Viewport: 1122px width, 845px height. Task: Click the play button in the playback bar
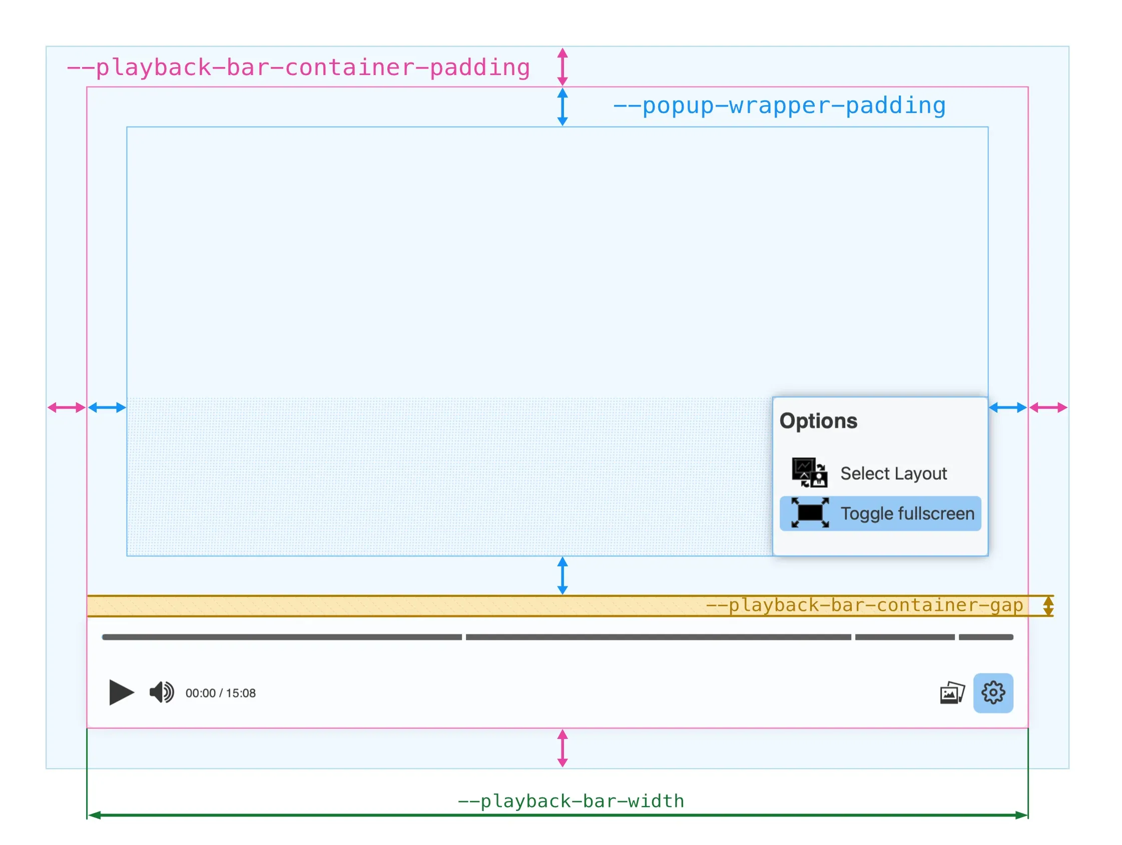click(x=121, y=692)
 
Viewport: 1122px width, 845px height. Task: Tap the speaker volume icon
click(x=161, y=692)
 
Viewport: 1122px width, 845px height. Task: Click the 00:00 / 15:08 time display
click(x=220, y=693)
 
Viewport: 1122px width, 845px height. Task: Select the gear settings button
click(x=993, y=693)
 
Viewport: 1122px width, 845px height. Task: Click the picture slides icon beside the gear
click(x=952, y=693)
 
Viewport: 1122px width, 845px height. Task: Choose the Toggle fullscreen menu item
click(x=907, y=513)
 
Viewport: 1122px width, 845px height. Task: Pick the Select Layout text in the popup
click(x=893, y=473)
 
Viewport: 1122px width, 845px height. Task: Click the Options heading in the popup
click(x=818, y=421)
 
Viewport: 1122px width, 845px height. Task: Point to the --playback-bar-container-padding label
click(x=298, y=68)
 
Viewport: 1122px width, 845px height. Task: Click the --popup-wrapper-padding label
click(x=779, y=106)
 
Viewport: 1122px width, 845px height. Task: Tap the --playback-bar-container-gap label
click(x=864, y=605)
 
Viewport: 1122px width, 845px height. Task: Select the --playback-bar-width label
click(x=571, y=801)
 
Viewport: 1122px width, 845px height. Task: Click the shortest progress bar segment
click(x=985, y=637)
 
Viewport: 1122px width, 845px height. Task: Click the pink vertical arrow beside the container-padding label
click(x=562, y=67)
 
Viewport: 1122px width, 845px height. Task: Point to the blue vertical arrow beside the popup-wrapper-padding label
click(x=562, y=107)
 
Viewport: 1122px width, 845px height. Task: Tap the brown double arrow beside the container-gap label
click(x=1048, y=605)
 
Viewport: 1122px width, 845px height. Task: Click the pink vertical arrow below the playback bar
click(x=562, y=747)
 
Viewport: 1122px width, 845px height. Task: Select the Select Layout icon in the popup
click(x=809, y=472)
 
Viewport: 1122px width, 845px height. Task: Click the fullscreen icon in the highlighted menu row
click(x=810, y=513)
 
